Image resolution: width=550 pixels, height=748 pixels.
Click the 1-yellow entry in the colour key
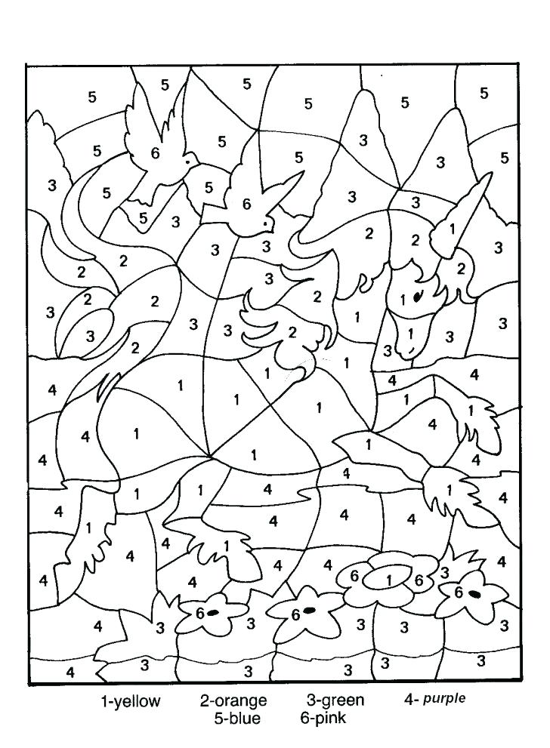131,701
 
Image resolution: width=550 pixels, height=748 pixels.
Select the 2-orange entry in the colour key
233,701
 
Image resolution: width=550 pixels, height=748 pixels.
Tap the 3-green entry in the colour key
335,700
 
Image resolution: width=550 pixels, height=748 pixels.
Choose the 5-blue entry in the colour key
236,718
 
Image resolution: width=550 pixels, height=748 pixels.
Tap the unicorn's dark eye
417,297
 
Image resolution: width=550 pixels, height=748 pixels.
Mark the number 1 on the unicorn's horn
452,228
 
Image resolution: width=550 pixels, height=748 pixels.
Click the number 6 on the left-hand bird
155,153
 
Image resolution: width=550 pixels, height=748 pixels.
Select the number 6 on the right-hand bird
246,203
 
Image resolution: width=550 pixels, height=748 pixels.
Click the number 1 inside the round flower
388,580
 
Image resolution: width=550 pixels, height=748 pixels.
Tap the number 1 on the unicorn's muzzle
411,333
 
